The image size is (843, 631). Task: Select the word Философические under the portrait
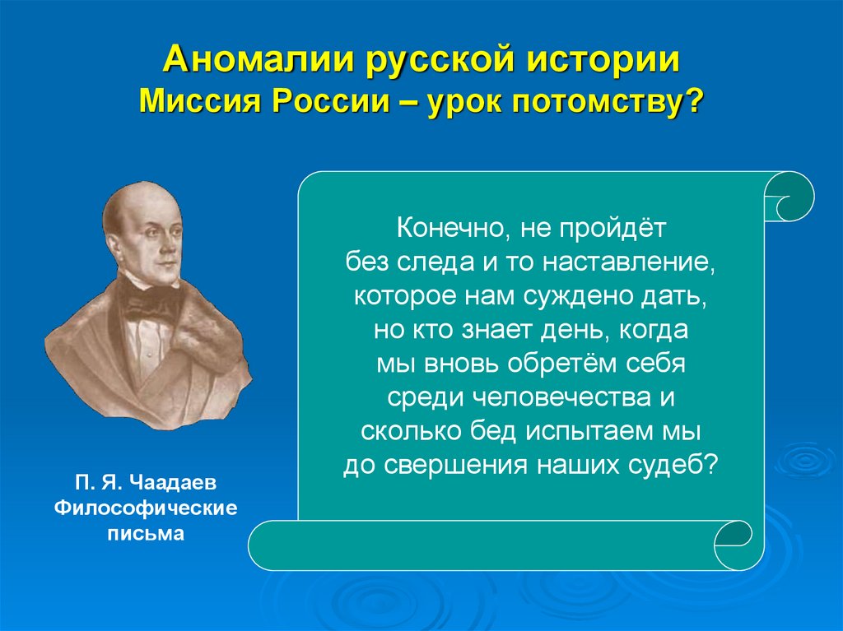point(146,508)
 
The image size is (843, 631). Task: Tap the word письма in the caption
point(146,534)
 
